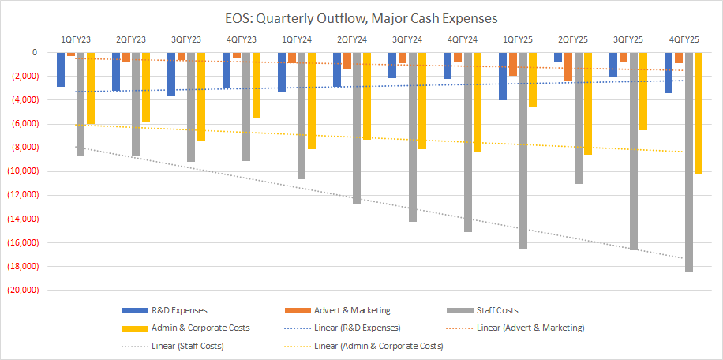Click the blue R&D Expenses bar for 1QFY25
(503, 76)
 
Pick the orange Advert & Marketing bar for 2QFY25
(568, 66)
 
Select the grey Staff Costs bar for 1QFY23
(81, 103)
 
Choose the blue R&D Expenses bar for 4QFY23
(227, 70)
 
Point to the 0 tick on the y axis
(33, 52)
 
